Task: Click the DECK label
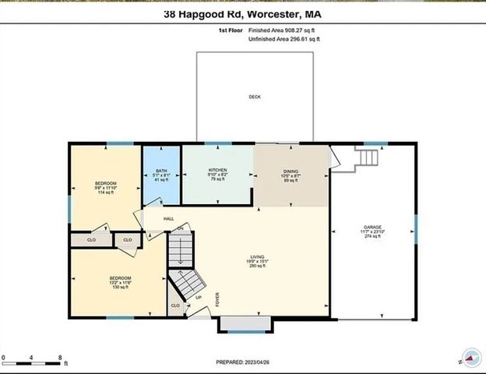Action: point(254,97)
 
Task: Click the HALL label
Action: point(168,219)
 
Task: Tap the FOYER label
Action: point(217,299)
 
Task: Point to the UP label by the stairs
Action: point(198,297)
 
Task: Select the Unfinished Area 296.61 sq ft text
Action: point(284,39)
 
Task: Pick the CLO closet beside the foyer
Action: point(174,305)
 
